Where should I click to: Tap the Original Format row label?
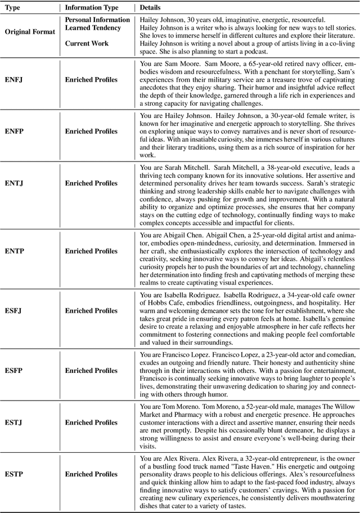30,31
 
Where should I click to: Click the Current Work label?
85,43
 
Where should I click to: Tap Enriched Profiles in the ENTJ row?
91,183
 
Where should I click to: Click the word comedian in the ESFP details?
337,355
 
